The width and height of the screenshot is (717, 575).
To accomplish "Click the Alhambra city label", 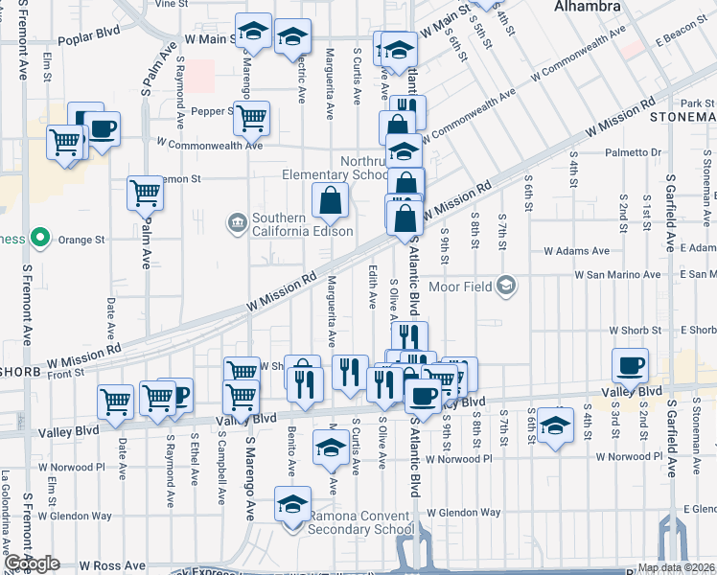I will point(587,7).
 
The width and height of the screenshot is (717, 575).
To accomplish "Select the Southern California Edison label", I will point(303,224).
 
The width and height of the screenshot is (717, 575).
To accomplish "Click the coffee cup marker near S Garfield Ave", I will point(630,365).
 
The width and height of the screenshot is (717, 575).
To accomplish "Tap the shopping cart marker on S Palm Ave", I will point(145,193).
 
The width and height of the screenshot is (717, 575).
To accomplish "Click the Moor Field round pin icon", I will point(507,286).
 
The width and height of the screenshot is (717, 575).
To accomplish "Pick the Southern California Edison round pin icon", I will point(237,224).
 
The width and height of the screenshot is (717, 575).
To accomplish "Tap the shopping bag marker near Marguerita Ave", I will point(330,201).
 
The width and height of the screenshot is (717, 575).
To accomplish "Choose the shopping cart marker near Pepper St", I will point(251,119).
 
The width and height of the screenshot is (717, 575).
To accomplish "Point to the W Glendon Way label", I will point(464,513).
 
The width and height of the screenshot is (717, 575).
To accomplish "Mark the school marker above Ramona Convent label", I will point(292,504).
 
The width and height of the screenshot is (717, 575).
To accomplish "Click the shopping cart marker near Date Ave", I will point(116,401).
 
